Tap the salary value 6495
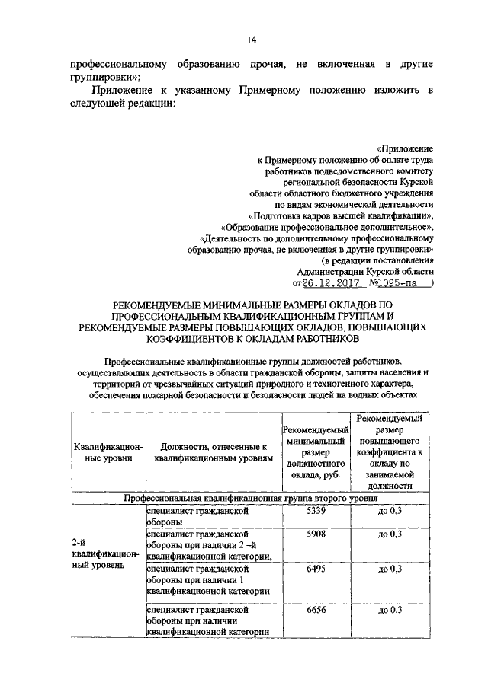point(315,569)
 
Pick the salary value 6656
point(315,610)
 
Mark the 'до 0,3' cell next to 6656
point(389,610)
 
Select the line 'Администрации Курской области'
point(365,271)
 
